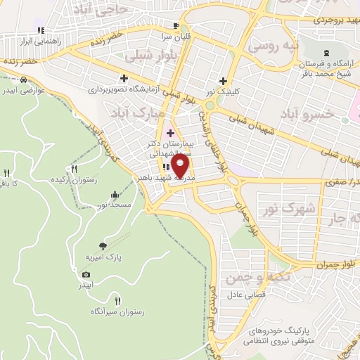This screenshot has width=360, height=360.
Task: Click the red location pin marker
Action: coord(181,166)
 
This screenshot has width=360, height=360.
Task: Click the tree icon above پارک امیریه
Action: coord(103,245)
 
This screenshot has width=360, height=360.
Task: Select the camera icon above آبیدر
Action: coord(86,274)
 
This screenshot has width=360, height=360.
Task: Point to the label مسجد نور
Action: coord(112,205)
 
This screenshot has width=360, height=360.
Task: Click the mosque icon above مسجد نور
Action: coord(114,195)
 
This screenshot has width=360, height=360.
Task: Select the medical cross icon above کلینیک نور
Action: coord(224,80)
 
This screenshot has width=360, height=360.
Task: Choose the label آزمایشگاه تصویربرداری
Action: coord(124,90)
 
